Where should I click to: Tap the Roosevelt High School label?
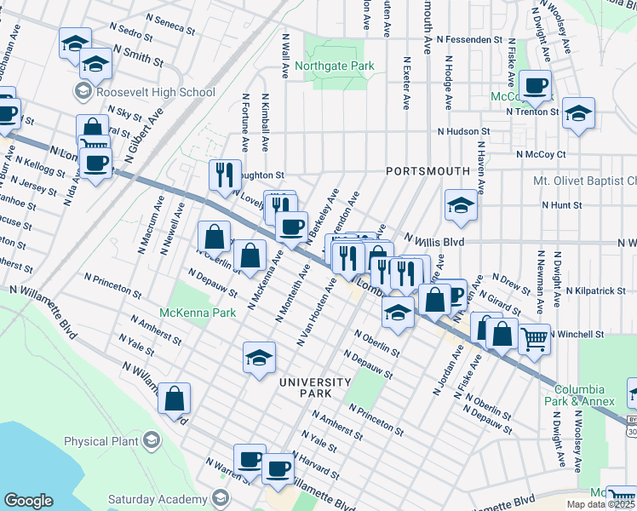coord(155,92)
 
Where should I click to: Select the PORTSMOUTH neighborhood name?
coord(428,171)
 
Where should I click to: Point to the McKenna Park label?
coord(200,313)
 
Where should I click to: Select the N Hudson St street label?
coord(464,132)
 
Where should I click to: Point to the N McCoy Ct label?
coord(541,154)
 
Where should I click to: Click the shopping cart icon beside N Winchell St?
coord(534,340)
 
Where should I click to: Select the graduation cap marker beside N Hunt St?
coord(461,206)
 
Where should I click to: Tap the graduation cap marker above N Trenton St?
coord(578,114)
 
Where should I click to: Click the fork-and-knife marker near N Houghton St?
coord(222,175)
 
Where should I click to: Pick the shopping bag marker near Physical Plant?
coord(174,399)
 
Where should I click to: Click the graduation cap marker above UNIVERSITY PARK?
coord(259,358)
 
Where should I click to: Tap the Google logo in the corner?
coord(28,501)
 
